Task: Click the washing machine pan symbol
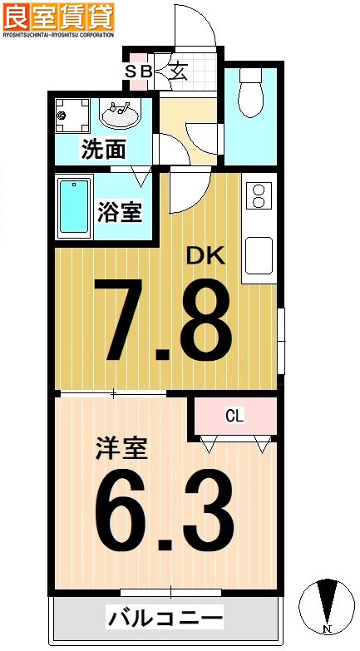[74, 116]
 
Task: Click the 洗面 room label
[104, 150]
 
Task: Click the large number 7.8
[162, 320]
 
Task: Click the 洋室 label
[120, 449]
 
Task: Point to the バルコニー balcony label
[165, 619]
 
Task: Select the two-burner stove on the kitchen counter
[258, 196]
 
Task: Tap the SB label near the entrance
[139, 72]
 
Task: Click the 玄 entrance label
[179, 71]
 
